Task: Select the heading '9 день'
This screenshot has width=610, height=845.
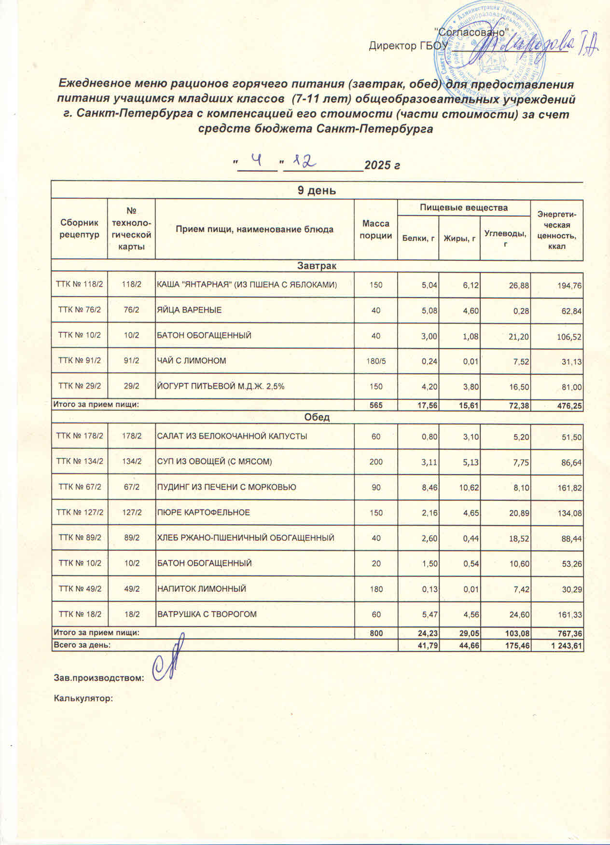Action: (317, 191)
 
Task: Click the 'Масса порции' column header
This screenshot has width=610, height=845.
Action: (376, 230)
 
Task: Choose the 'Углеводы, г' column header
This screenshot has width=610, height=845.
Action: (505, 237)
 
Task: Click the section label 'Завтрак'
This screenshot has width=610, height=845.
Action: (317, 266)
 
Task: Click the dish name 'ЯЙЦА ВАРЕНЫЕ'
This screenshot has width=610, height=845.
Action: (189, 310)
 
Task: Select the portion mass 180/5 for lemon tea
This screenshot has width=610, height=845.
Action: (376, 361)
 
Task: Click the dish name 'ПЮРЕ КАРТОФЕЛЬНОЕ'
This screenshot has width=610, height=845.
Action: (204, 512)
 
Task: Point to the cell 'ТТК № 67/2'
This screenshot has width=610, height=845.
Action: (80, 487)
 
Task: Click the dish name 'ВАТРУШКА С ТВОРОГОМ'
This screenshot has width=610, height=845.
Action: (207, 614)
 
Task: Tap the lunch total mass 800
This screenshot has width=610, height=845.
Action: (376, 633)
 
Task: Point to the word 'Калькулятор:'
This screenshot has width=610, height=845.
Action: (83, 698)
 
